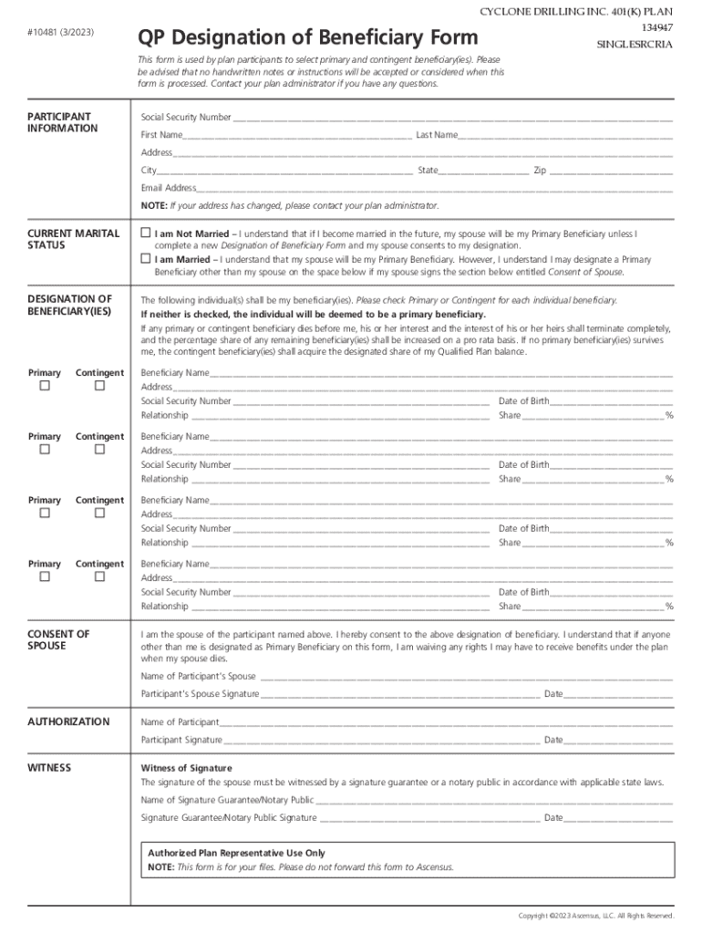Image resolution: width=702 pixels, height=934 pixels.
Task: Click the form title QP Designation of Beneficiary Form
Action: [306, 37]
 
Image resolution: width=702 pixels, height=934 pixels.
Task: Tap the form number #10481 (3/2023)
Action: [60, 34]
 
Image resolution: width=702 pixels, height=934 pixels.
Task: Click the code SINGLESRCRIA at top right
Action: [635, 44]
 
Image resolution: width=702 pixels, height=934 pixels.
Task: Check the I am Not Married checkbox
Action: [145, 233]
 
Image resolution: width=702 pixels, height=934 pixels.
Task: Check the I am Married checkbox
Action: [145, 259]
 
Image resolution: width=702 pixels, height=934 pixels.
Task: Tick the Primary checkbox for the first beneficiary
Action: [44, 387]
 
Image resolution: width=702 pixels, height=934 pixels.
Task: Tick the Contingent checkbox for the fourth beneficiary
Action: [99, 577]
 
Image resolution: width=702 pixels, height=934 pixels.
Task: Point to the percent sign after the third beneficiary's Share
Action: [669, 544]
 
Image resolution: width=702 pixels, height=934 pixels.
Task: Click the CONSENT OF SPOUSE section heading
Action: [58, 640]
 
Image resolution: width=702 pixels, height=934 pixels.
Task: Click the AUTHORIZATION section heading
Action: [68, 721]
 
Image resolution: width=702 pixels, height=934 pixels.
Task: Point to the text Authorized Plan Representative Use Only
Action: [236, 853]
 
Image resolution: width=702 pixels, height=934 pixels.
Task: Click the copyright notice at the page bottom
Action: [595, 915]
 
